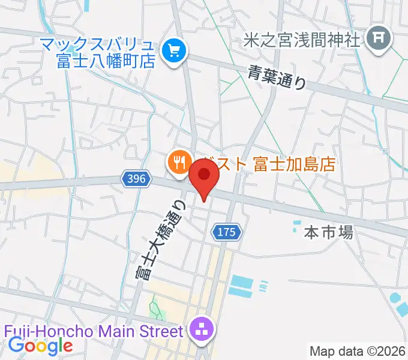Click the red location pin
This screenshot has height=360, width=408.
204,178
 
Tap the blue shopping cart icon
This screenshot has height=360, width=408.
174,50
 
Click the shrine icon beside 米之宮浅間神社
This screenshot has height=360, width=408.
379,40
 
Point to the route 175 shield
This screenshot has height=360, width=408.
227,232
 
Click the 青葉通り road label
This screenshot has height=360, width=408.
277,77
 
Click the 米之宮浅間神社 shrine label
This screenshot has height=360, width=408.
302,40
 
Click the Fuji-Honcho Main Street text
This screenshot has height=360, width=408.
92,331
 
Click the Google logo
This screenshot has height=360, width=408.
40,346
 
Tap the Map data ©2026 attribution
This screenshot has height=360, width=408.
358,350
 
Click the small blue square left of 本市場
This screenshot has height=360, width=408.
295,227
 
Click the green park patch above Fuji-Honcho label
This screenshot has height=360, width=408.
155,310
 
